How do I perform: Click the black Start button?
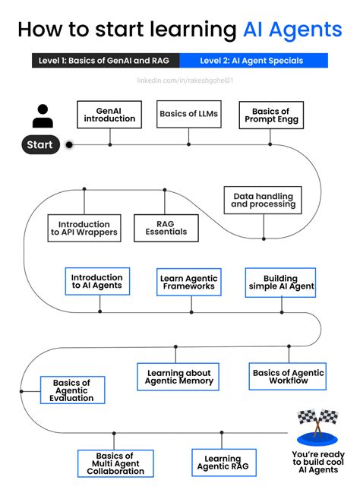point(40,144)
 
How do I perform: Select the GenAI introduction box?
point(109,114)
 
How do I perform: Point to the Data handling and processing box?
point(263,200)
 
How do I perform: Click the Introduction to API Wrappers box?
point(84,229)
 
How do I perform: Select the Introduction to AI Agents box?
point(97,283)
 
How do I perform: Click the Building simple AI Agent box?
point(280,283)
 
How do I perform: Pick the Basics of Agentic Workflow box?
point(288,376)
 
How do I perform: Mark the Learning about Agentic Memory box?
point(179,377)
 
